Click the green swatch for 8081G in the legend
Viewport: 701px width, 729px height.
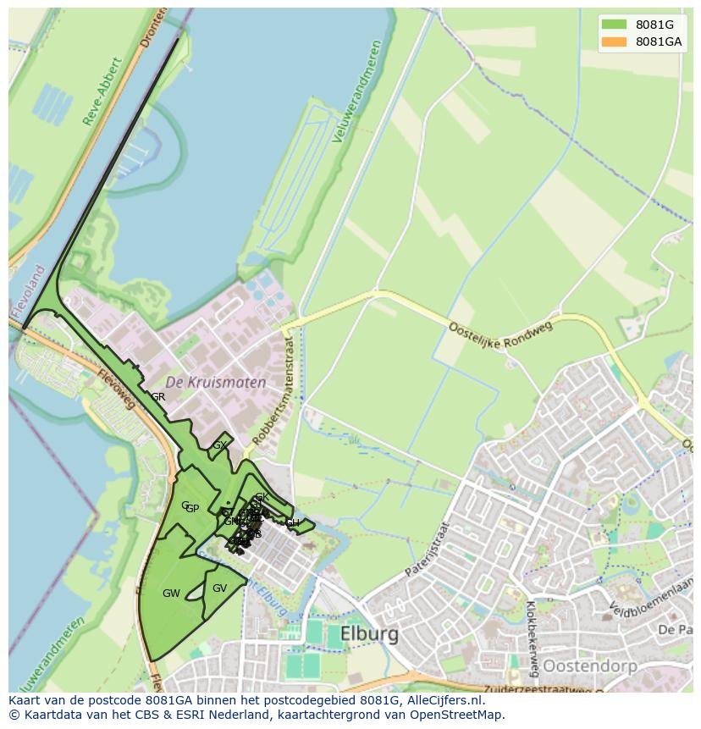coord(614,24)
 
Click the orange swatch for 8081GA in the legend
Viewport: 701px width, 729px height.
coord(614,41)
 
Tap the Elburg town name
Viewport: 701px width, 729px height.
coord(369,634)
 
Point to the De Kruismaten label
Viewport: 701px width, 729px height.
coord(215,382)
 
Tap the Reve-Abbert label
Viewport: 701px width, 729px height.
coord(103,91)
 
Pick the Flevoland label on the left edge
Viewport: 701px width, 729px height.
coord(28,293)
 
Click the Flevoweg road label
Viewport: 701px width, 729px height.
coord(116,389)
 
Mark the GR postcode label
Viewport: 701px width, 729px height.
coord(158,397)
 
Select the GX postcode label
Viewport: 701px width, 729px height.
coord(219,445)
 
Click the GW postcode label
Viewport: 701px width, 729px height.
coord(171,594)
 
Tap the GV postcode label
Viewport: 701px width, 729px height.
coord(219,588)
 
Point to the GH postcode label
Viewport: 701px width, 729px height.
coord(293,523)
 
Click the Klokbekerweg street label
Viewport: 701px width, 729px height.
coord(532,638)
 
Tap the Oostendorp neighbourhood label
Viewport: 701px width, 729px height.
coord(589,666)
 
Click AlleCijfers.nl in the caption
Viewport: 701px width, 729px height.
coord(444,701)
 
